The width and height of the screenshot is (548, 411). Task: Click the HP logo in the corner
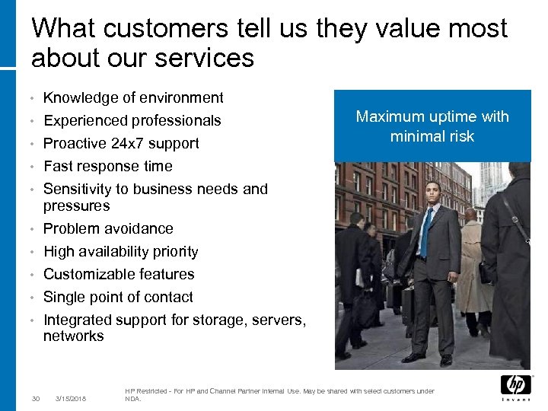[515, 386]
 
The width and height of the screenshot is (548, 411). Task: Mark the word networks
[74, 336]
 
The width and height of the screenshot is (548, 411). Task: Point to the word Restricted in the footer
[158, 391]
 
